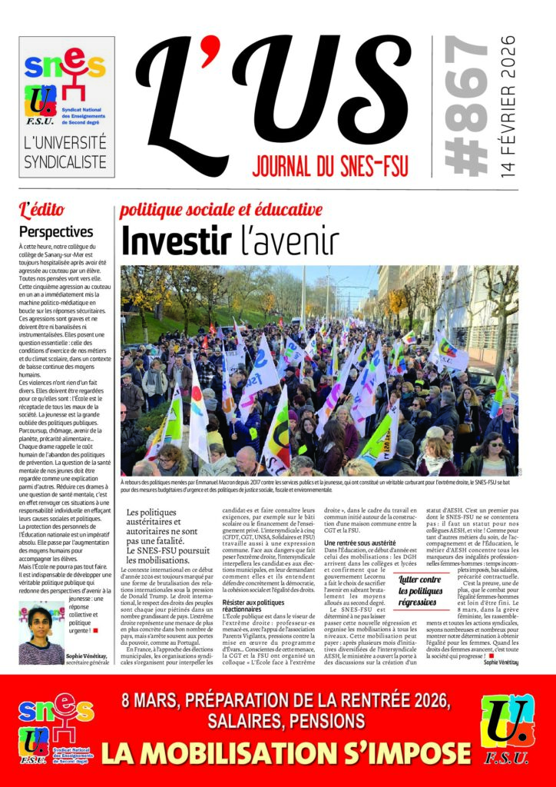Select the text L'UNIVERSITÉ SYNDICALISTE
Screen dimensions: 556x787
coord(65,152)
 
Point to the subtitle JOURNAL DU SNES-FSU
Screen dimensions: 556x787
coord(330,164)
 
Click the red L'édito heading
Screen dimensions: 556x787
coord(42,209)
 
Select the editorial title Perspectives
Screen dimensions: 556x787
coord(56,231)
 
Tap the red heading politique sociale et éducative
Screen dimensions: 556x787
coord(220,210)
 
